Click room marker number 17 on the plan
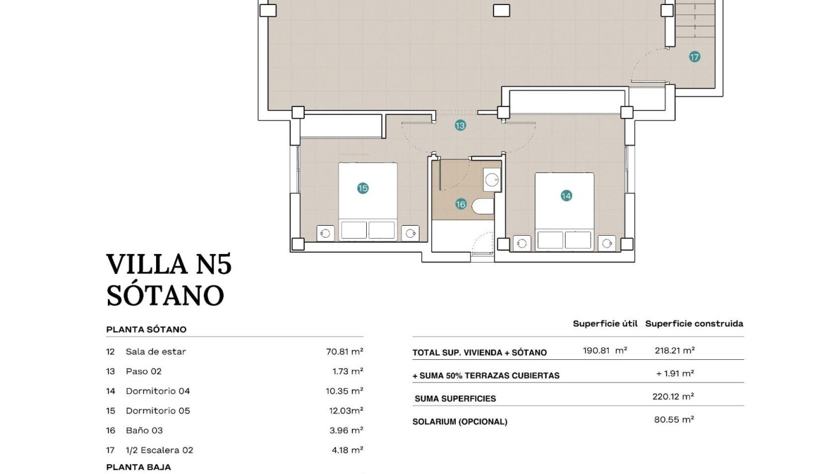[x=694, y=57]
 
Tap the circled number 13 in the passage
[x=460, y=125]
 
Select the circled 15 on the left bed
[x=362, y=188]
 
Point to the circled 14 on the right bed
[x=566, y=196]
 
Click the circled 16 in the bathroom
[x=461, y=204]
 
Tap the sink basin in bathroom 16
[x=492, y=180]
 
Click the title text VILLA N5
[x=169, y=265]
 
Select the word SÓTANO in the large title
[x=165, y=295]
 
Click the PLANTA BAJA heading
[x=138, y=467]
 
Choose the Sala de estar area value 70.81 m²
[x=344, y=352]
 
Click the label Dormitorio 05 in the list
[x=157, y=411]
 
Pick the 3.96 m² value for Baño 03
[x=347, y=430]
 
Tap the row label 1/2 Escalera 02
[x=159, y=450]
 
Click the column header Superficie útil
[x=604, y=324]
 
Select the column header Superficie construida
[x=693, y=324]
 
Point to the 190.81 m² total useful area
[x=604, y=351]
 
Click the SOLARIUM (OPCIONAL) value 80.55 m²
[x=673, y=419]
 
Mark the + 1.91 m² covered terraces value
[x=675, y=374]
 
